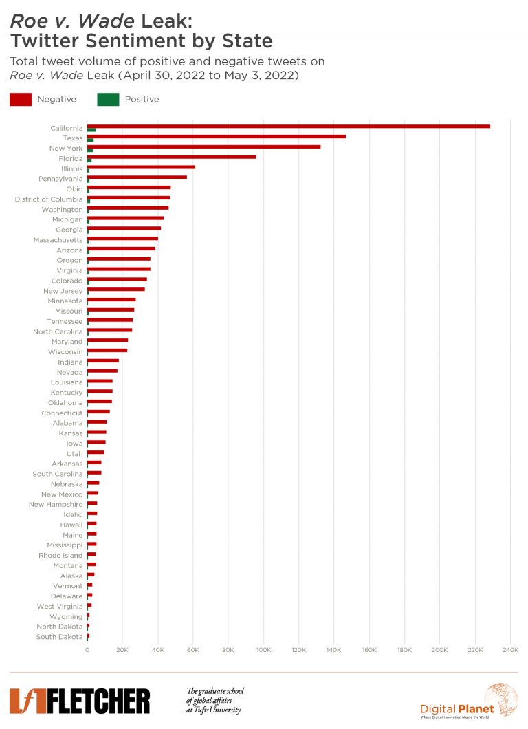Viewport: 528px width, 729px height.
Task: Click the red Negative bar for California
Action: tap(289, 127)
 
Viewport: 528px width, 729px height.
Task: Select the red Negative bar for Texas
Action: tap(217, 136)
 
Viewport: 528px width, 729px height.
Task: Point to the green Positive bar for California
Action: tap(91, 130)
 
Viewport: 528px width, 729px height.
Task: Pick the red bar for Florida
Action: tap(172, 157)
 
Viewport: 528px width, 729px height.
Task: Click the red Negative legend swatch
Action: tap(20, 99)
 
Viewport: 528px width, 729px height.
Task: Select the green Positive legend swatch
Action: tap(108, 99)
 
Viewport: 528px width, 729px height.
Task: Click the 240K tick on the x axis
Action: tap(510, 650)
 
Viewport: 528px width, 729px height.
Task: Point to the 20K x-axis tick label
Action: tap(122, 650)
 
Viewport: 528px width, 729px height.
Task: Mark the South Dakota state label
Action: tap(59, 637)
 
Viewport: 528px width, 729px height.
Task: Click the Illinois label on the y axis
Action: tap(71, 168)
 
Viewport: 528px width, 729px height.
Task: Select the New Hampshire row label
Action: tap(56, 505)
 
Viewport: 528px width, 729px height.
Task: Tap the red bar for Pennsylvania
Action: tap(137, 177)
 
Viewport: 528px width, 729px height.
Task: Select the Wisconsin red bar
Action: tap(107, 350)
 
